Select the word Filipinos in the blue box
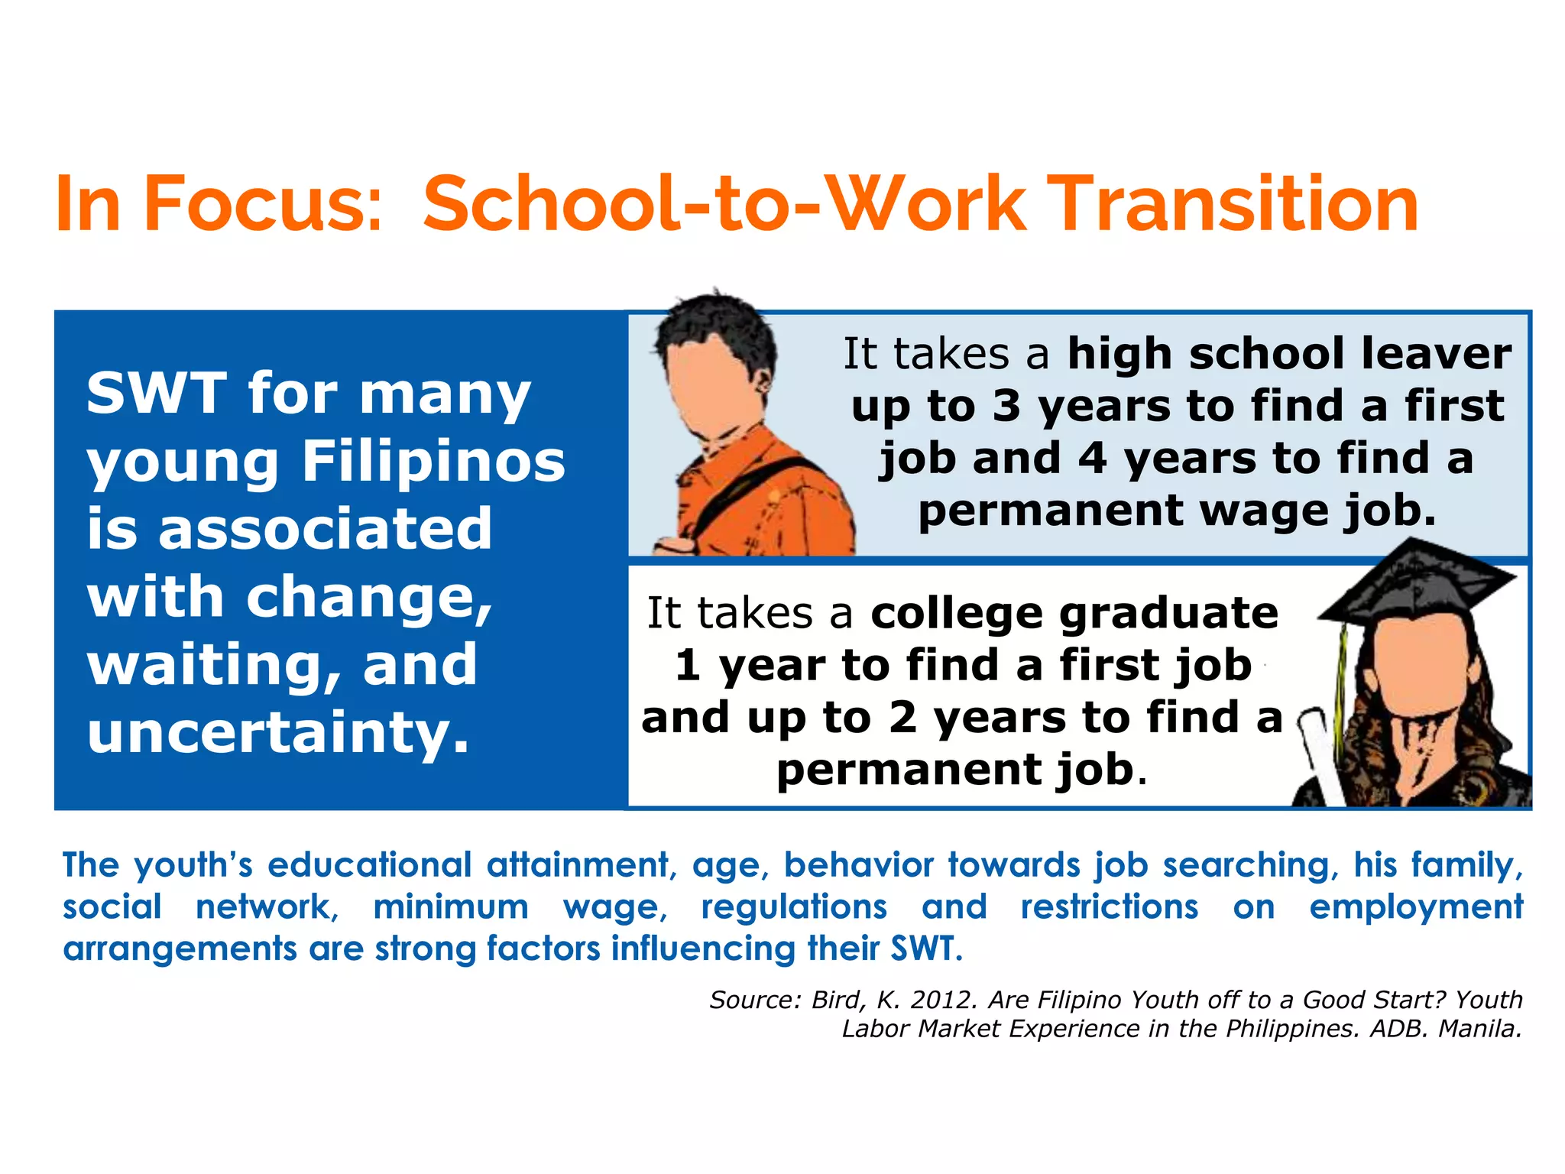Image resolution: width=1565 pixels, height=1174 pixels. click(433, 462)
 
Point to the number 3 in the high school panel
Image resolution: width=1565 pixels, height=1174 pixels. click(1006, 406)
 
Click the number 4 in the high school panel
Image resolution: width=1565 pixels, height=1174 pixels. click(1092, 458)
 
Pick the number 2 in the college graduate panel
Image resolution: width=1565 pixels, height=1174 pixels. click(902, 718)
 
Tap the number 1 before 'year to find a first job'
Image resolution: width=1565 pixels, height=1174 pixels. click(687, 665)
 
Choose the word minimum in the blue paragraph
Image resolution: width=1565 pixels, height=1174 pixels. click(451, 907)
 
